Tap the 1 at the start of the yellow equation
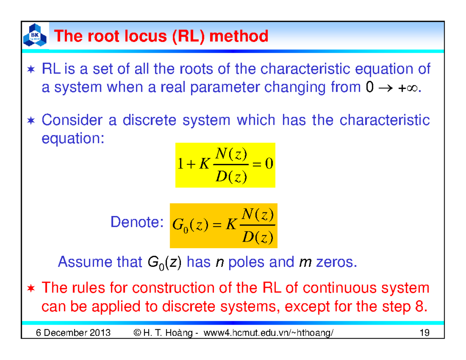(x=179, y=165)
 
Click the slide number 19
(x=424, y=333)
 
